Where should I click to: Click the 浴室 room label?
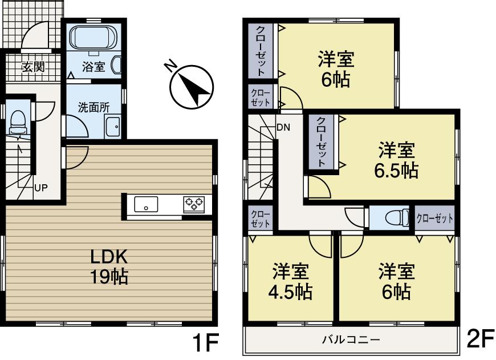point(93,67)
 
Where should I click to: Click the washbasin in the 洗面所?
point(113,126)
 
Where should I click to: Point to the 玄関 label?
point(32,67)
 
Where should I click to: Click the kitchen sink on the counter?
point(146,204)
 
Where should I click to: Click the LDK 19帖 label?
point(108,266)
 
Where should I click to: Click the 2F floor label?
point(479,339)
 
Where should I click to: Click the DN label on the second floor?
point(283,127)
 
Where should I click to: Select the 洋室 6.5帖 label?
point(397,160)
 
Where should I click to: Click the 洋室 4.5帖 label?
point(290,281)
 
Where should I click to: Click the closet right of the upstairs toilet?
point(435,218)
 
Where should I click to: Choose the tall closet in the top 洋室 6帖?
point(260,51)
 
